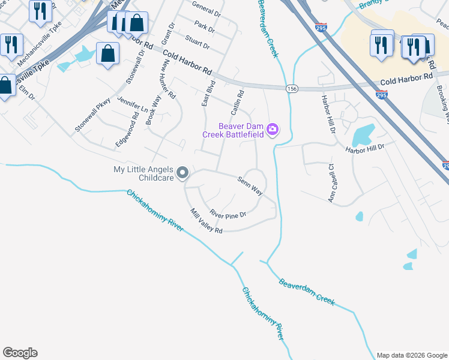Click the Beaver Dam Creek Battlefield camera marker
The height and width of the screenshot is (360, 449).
pyautogui.click(x=273, y=130)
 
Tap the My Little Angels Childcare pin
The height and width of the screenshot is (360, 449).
pyautogui.click(x=184, y=174)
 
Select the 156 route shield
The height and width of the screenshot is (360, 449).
pyautogui.click(x=292, y=88)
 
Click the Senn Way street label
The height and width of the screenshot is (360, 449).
pyautogui.click(x=250, y=185)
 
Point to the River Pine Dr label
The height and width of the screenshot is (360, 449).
pyautogui.click(x=228, y=213)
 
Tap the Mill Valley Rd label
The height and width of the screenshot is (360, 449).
pyautogui.click(x=206, y=221)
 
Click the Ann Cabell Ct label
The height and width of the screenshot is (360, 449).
pyautogui.click(x=331, y=183)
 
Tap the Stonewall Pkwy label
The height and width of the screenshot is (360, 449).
pyautogui.click(x=92, y=115)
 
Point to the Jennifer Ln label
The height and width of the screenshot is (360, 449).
pyautogui.click(x=133, y=104)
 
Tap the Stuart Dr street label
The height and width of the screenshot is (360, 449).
pyautogui.click(x=197, y=43)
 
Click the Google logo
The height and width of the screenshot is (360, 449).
pyautogui.click(x=20, y=353)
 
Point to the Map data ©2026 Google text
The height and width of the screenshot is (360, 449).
pyautogui.click(x=412, y=355)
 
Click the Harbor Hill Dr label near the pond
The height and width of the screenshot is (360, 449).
pyautogui.click(x=364, y=147)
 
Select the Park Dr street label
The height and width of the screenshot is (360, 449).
pyautogui.click(x=205, y=27)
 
